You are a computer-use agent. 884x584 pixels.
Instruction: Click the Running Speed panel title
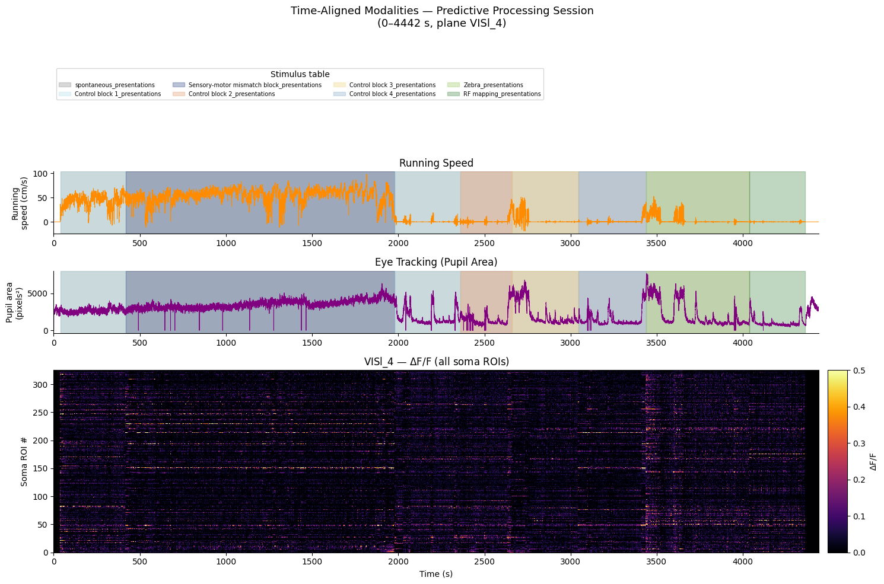436,163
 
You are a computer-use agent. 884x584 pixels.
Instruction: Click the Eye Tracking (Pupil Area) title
436,262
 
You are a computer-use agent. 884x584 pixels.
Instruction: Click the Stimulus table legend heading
300,74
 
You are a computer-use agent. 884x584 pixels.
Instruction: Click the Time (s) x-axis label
436,574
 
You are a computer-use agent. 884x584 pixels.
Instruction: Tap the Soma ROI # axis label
24,461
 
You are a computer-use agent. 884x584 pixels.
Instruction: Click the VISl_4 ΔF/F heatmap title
436,362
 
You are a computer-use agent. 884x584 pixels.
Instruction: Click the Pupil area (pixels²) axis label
14,302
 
